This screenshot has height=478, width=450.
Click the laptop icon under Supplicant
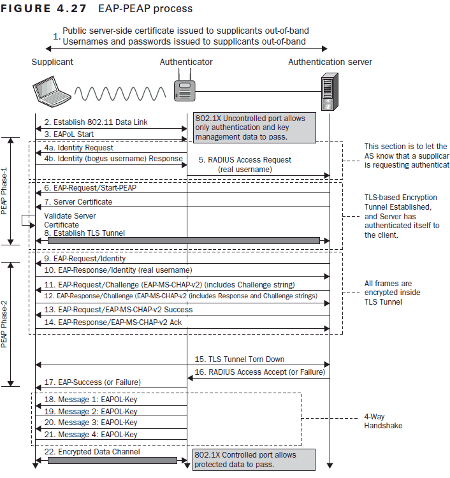click(52, 91)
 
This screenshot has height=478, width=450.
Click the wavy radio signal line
click(121, 96)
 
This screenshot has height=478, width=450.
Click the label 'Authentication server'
click(330, 62)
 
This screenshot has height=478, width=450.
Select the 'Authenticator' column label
click(186, 62)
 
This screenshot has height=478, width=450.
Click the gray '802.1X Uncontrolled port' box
click(254, 127)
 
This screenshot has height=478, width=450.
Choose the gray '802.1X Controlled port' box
click(253, 460)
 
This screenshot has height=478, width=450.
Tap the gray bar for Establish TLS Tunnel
click(184, 240)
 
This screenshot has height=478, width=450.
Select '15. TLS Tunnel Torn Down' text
click(240, 359)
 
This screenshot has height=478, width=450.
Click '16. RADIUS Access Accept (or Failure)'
click(258, 372)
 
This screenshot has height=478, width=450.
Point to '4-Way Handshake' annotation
click(382, 422)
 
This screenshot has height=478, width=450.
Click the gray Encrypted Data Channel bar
click(112, 460)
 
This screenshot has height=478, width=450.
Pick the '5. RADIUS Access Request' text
click(245, 160)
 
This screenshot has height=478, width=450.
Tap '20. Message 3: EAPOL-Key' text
click(91, 423)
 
